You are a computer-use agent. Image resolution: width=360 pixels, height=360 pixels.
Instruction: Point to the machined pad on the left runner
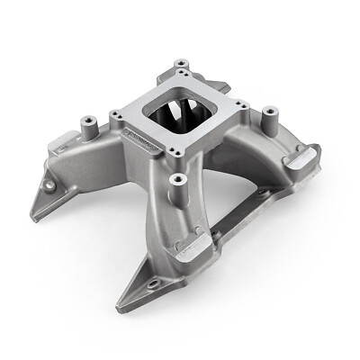(63, 137)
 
